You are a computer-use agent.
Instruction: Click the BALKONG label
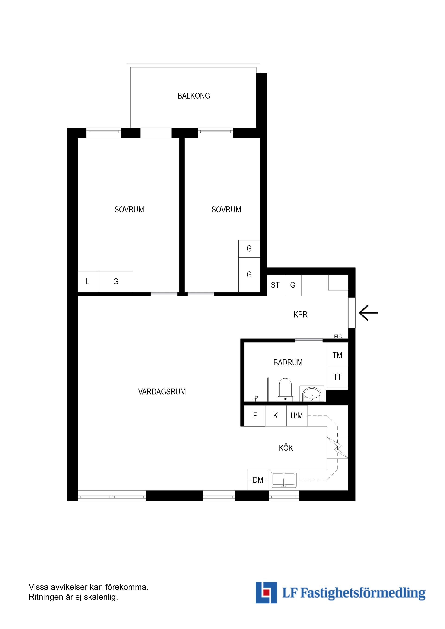pyautogui.click(x=194, y=96)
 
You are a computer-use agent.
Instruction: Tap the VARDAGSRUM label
pyautogui.click(x=162, y=392)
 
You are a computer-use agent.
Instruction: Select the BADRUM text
pyautogui.click(x=288, y=362)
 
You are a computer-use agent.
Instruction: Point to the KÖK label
pyautogui.click(x=286, y=448)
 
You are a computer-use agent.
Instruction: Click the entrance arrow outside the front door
pyautogui.click(x=368, y=313)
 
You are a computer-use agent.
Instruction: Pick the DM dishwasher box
pyautogui.click(x=258, y=480)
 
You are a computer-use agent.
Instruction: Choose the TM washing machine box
pyautogui.click(x=337, y=355)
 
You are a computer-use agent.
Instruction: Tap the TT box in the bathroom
pyautogui.click(x=337, y=377)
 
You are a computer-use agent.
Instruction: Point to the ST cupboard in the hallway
pyautogui.click(x=275, y=285)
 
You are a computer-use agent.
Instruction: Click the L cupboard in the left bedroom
pyautogui.click(x=88, y=281)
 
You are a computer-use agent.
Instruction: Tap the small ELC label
pyautogui.click(x=338, y=337)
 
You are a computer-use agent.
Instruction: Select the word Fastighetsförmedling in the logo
pyautogui.click(x=363, y=593)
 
